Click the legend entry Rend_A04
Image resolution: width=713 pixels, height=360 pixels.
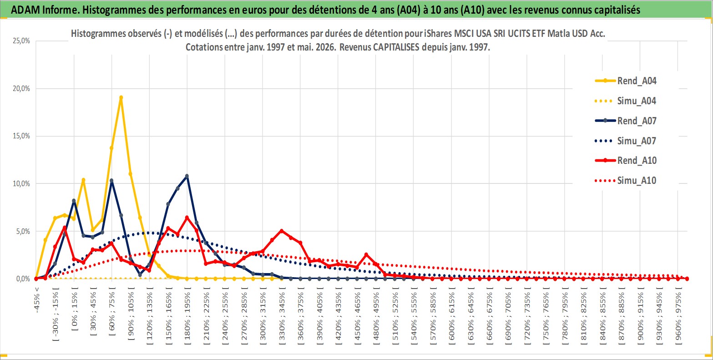(x=626, y=81)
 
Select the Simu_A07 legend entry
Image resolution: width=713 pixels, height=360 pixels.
(x=626, y=141)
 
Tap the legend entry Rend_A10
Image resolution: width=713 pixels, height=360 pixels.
(x=626, y=160)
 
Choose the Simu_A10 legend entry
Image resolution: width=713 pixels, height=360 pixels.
(x=626, y=181)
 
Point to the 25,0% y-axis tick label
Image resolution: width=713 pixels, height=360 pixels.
(x=21, y=41)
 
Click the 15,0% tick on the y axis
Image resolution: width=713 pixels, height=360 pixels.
(x=21, y=136)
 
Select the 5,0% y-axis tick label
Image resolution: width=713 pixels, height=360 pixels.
(x=23, y=231)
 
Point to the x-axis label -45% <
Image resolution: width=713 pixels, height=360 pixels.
(x=37, y=300)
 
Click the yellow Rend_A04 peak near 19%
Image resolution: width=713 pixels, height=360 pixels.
(x=121, y=98)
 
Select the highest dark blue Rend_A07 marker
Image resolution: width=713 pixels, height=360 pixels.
(x=187, y=176)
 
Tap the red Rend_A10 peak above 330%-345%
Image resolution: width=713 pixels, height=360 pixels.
(x=281, y=231)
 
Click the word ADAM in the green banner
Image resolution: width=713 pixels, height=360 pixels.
(x=25, y=10)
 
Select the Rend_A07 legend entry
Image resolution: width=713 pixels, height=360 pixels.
(x=626, y=121)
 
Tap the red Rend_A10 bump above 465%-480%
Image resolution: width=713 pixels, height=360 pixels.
(x=366, y=255)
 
